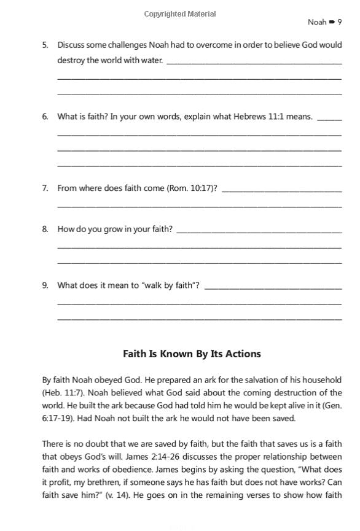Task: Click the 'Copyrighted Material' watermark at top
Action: (180, 14)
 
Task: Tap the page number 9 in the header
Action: (340, 22)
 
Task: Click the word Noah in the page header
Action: (317, 22)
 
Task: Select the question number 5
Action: (45, 45)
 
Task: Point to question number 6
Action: (45, 117)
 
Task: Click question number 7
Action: (45, 188)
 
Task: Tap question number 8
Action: (45, 229)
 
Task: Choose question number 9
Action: (45, 285)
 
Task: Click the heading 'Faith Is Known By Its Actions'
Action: (192, 354)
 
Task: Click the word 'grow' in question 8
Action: (122, 229)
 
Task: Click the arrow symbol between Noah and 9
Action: (332, 22)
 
